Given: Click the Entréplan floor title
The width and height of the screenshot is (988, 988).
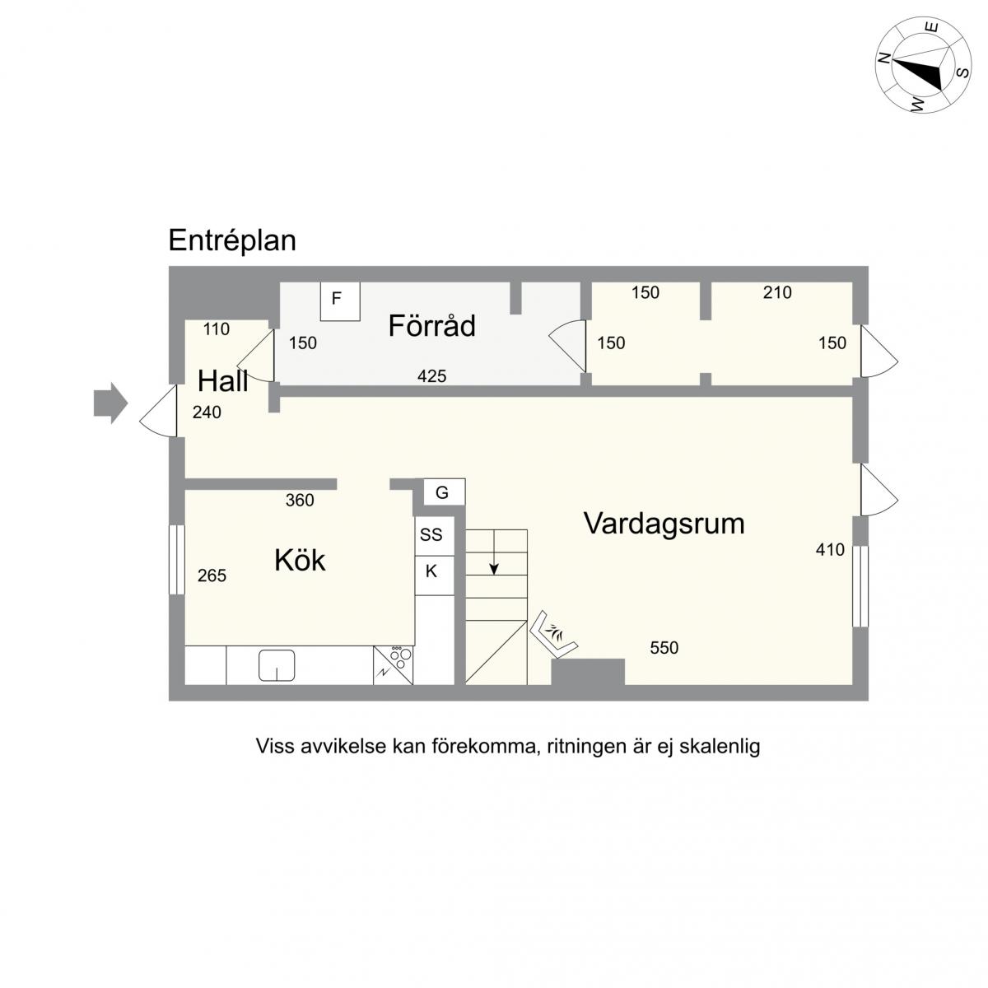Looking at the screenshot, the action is pos(232,241).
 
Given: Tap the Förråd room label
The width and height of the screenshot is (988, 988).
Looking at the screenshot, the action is pos(431,325).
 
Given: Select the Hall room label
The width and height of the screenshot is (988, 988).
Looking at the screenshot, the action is pos(222,381).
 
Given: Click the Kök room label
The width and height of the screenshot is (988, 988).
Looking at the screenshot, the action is pos(300,560).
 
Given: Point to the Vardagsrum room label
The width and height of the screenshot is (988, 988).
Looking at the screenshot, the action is pos(664,524).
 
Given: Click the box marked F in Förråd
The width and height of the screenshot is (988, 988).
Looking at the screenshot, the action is pos(340,301).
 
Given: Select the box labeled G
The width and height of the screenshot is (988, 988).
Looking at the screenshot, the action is pos(444,492).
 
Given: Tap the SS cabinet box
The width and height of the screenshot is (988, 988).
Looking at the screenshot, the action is pos(434,535).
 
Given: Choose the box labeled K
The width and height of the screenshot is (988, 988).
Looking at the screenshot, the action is pos(434,576).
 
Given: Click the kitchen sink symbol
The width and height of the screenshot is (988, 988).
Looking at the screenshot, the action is pos(277,665).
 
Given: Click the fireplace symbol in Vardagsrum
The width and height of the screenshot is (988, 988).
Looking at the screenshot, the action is pos(554,633).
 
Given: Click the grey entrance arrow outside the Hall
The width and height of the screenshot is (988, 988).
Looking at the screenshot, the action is pos(110,403).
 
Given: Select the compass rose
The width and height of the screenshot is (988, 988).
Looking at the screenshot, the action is pos(923,65).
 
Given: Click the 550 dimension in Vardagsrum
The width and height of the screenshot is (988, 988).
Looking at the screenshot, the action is pos(664,648).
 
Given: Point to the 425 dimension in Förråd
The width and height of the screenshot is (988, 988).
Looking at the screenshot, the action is pos(431,376).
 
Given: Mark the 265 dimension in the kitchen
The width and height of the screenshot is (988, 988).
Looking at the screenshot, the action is pos(212,576).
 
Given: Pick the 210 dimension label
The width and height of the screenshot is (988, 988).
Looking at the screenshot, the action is pos(777,293).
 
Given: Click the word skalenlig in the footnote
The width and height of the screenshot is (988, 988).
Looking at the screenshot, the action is pos(720,747).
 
